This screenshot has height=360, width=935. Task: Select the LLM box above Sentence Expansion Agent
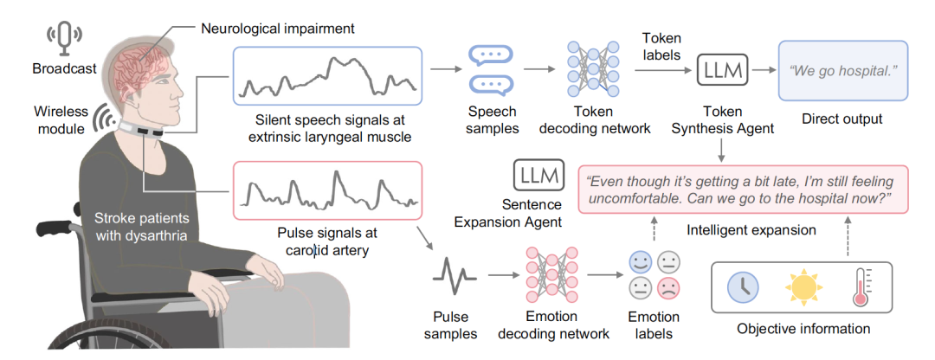tap(538, 174)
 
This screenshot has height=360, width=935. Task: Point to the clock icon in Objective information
tap(742, 286)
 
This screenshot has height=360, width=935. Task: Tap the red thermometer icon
tap(861, 286)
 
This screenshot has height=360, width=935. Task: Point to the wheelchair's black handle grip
tap(52, 229)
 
